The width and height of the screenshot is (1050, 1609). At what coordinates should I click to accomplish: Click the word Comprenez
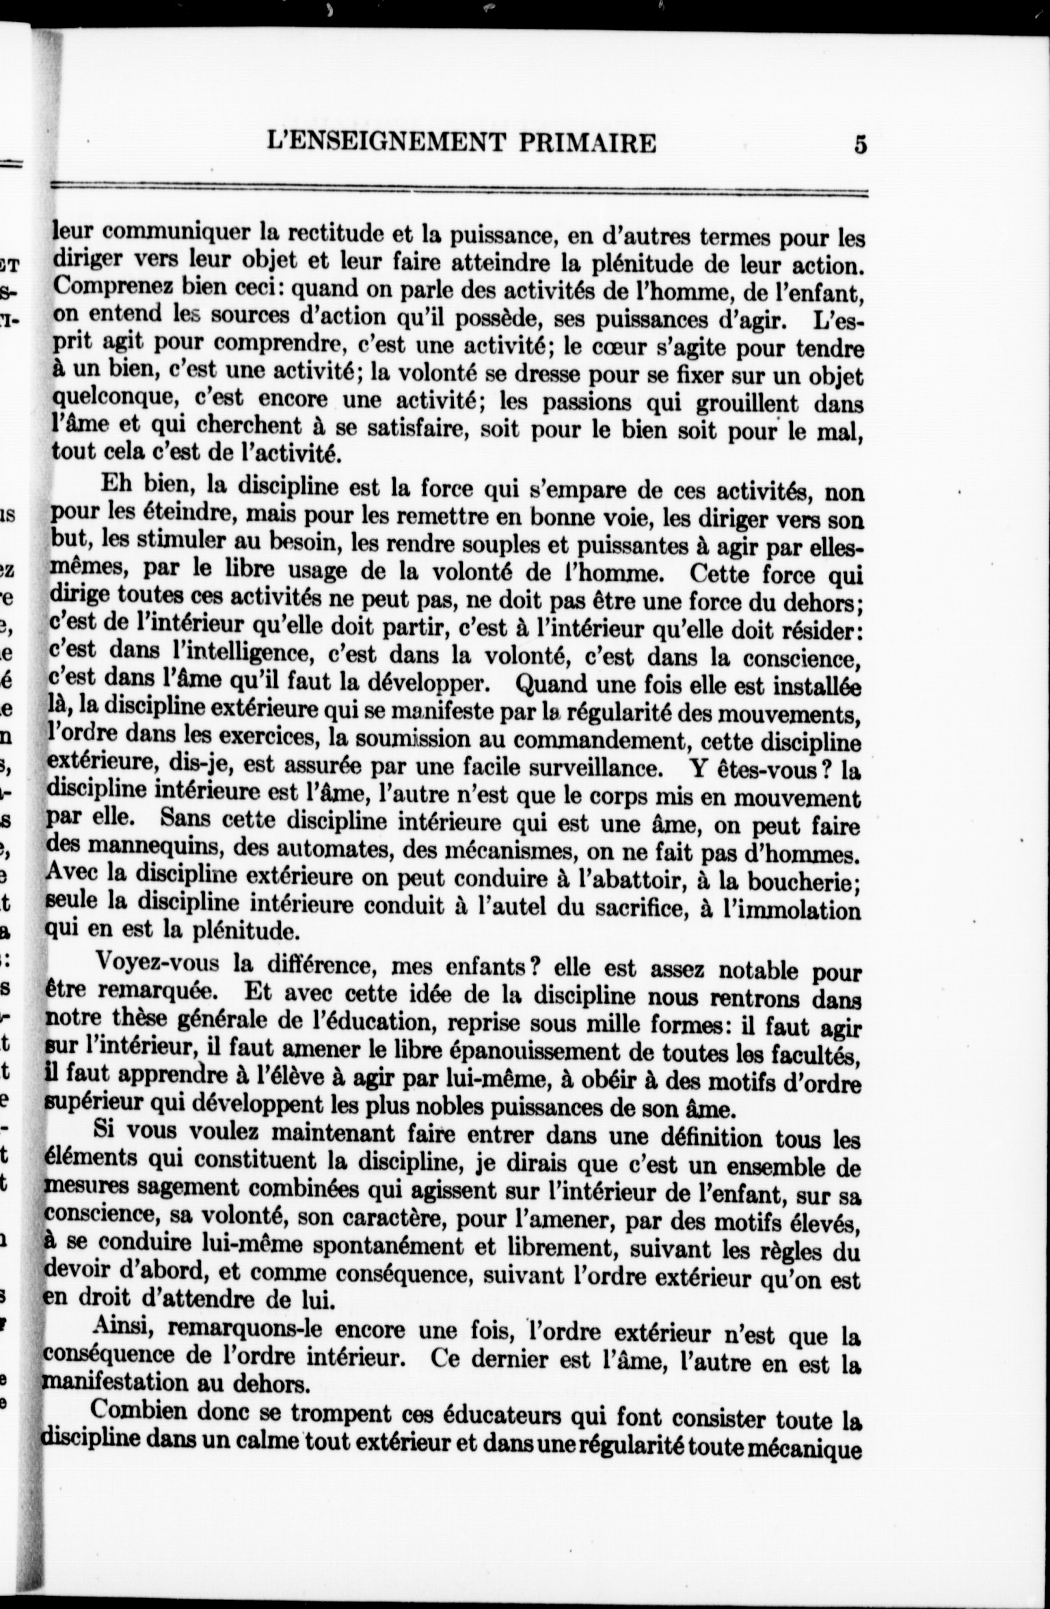(x=110, y=287)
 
